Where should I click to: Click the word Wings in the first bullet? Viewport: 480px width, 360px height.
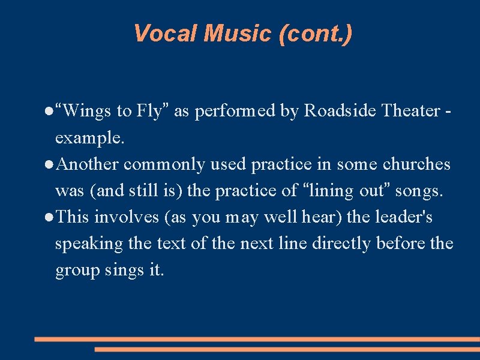coord(87,111)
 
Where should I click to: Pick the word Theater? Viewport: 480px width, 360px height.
coord(411,111)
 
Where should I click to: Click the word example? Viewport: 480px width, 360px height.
coord(89,138)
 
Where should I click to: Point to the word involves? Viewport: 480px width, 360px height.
coord(126,217)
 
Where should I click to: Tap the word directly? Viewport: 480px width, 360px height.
coord(345,244)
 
